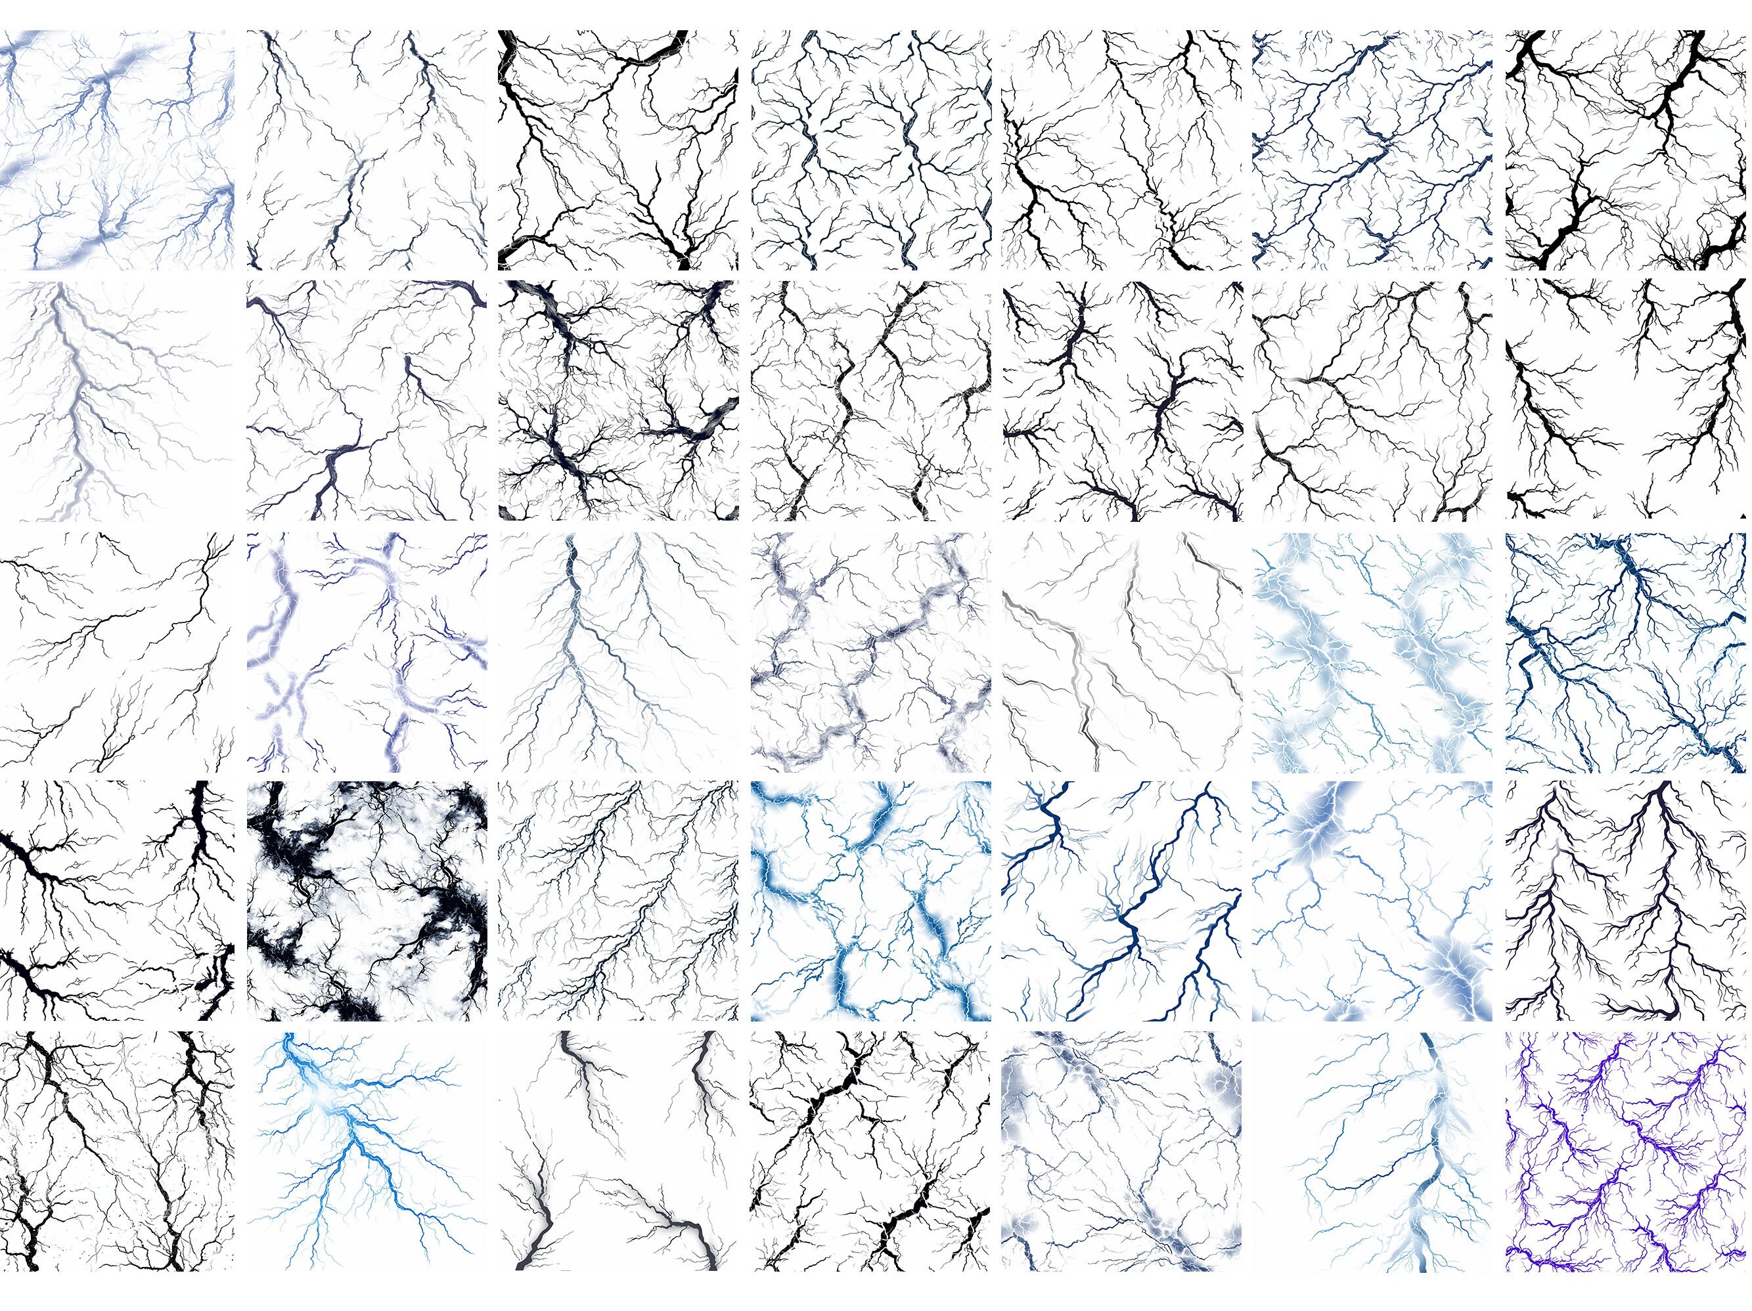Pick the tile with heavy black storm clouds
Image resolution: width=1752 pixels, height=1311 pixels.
coord(367,901)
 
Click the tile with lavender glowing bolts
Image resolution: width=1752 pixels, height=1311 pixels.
coord(367,651)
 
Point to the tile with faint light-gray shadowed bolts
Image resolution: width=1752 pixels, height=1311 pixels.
coord(1121,651)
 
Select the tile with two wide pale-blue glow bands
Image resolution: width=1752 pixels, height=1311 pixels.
coord(1372,651)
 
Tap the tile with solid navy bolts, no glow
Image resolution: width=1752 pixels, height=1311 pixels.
coord(1121,901)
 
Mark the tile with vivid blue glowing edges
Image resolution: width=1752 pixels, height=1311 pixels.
coord(870,901)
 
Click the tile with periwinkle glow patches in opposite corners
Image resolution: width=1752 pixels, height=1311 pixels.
coord(1372,901)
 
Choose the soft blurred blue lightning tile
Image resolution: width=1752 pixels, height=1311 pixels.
coord(116,150)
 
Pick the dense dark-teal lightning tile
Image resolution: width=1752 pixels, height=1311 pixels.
coord(1625,651)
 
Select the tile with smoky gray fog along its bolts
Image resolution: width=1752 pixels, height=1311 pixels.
coord(870,651)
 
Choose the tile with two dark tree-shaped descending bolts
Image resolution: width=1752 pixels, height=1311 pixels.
coord(1625,901)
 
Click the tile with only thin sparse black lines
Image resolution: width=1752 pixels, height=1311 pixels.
coord(116,651)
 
